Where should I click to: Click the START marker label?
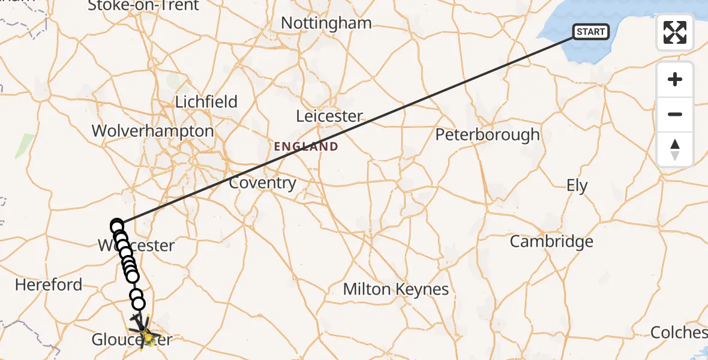point(591,32)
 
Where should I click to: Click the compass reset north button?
point(675,149)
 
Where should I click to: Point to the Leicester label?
point(330,116)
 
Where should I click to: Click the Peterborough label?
point(487,135)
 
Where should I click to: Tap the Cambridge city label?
point(551,242)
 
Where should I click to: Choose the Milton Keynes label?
point(395,289)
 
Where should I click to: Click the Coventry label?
point(262,183)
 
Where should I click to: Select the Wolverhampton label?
point(152,131)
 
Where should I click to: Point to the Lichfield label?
point(206,102)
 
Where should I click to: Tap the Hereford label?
point(49,284)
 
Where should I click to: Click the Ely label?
point(577,186)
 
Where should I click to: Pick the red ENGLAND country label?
point(306,146)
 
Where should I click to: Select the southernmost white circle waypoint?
point(139,304)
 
